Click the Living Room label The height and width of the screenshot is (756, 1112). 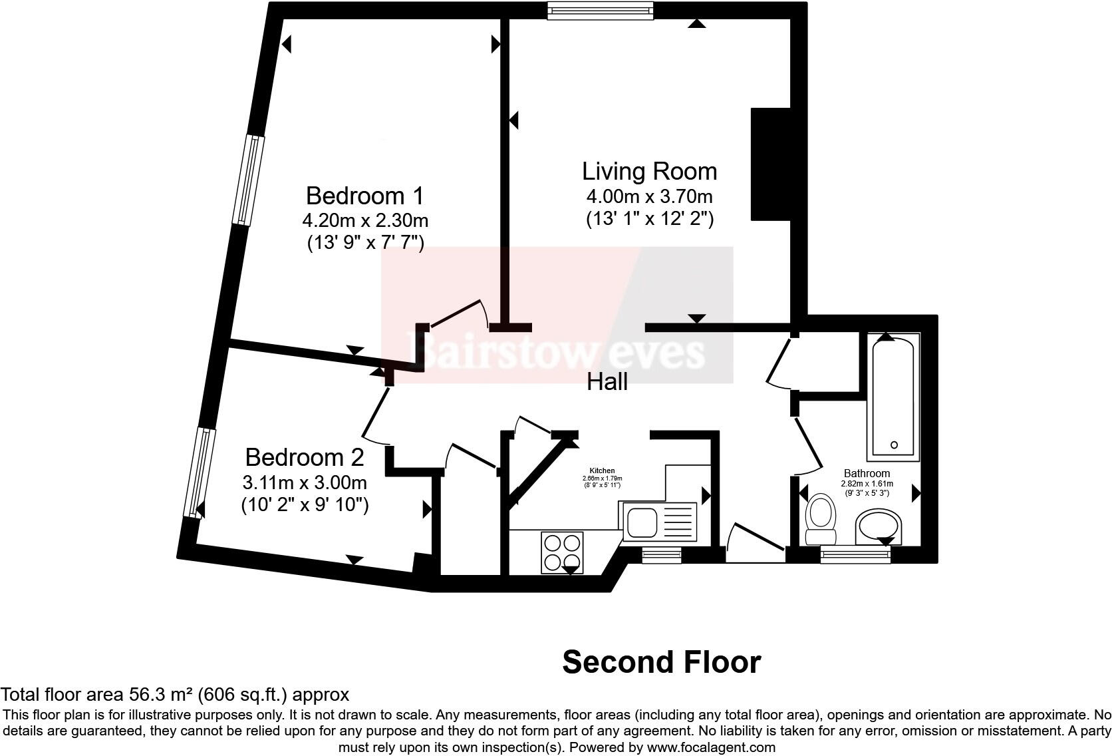click(x=649, y=171)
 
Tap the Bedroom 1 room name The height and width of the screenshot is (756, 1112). click(x=364, y=196)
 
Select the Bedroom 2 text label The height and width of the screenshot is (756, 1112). click(x=305, y=457)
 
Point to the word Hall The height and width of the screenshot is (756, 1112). click(x=607, y=382)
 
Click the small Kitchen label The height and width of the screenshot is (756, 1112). click(x=602, y=471)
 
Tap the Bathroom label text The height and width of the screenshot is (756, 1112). click(x=867, y=473)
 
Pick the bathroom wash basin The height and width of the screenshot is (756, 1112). click(x=877, y=526)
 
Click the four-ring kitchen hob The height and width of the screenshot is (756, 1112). click(x=562, y=552)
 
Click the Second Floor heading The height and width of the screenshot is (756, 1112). click(x=661, y=662)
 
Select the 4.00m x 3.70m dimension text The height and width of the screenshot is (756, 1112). click(x=649, y=197)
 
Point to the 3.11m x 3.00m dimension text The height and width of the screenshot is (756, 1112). click(x=305, y=482)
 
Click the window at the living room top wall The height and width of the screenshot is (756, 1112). click(x=600, y=9)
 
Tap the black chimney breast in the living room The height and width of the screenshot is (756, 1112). click(x=770, y=164)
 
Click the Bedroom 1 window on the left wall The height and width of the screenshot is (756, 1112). click(x=247, y=180)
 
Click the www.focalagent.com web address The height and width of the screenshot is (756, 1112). click(x=710, y=747)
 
